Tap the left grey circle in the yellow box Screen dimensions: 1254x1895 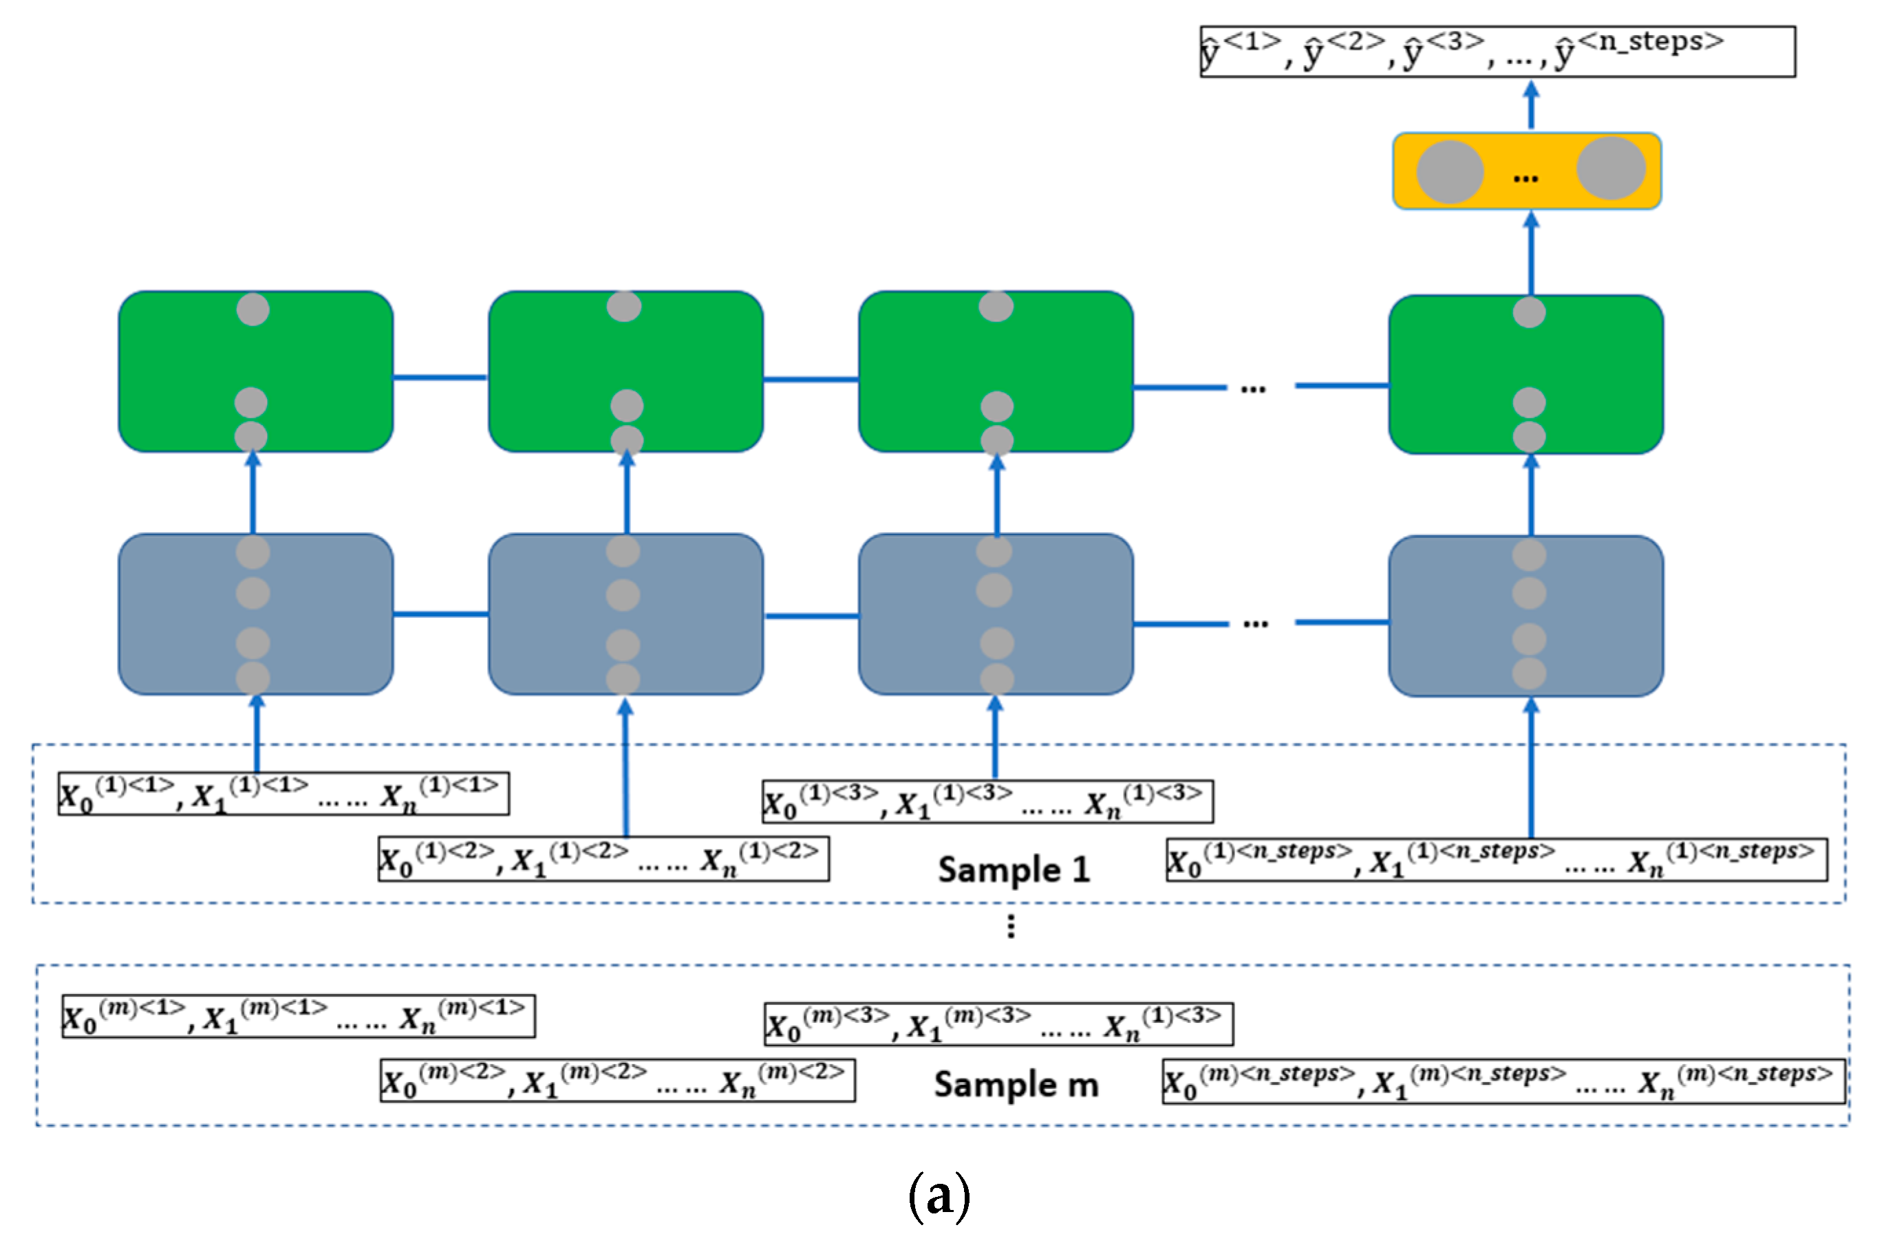(1449, 172)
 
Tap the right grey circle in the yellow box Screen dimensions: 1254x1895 (1610, 168)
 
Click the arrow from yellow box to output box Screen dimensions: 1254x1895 (1530, 105)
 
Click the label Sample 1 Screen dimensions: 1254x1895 (1014, 869)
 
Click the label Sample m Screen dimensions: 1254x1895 (1016, 1085)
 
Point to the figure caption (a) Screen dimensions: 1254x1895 (939, 1196)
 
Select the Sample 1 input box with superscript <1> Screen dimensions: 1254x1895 (283, 794)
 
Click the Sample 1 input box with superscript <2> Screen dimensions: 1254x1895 (603, 859)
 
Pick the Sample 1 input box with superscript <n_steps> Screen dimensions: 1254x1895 (1496, 860)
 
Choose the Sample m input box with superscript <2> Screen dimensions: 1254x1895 (617, 1081)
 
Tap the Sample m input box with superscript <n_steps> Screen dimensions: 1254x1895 (1502, 1082)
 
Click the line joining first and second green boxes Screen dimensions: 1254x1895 (440, 378)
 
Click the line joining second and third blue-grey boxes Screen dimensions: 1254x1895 (811, 616)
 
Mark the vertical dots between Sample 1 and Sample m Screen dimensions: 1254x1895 (1011, 926)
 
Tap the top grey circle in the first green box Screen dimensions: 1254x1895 (253, 310)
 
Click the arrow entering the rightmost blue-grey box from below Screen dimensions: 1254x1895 (1530, 768)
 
